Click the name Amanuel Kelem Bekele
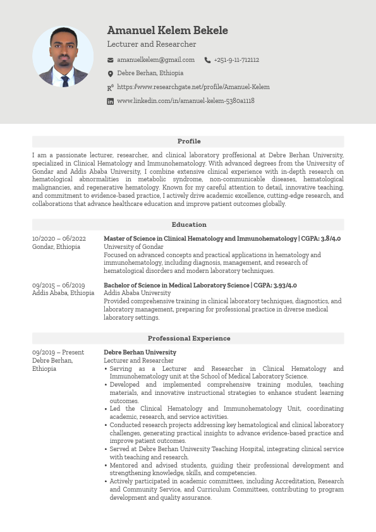167,30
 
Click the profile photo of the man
63,56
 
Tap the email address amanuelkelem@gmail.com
155,60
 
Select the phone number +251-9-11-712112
236,60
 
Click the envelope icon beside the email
111,60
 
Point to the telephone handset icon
207,60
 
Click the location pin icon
111,74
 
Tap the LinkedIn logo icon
111,101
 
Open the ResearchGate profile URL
193,87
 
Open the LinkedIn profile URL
186,101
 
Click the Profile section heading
188,142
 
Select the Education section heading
188,225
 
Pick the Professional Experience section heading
188,339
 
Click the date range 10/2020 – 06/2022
59,239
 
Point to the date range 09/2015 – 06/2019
58,286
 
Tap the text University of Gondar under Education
133,247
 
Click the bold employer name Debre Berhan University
140,353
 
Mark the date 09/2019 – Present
58,353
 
